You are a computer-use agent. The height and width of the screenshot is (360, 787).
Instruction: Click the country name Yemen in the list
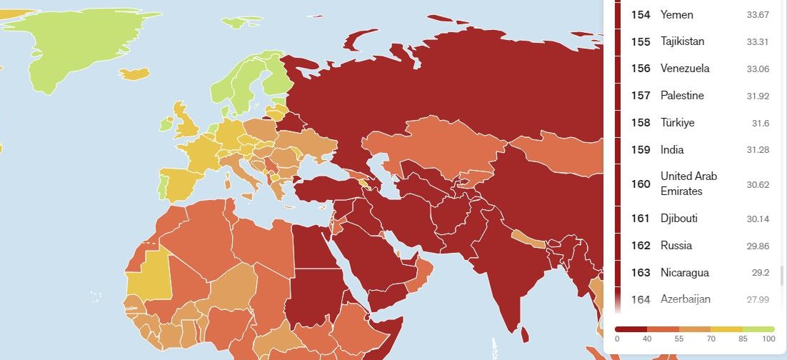pyautogui.click(x=676, y=14)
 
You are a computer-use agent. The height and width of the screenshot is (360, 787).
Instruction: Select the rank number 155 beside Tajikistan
pyautogui.click(x=641, y=41)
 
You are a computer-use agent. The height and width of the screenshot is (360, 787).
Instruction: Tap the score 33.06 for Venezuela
pyautogui.click(x=757, y=69)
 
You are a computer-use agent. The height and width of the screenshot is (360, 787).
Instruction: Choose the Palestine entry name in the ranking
pyautogui.click(x=682, y=96)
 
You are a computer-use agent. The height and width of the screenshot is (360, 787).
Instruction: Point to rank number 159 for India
pyautogui.click(x=641, y=150)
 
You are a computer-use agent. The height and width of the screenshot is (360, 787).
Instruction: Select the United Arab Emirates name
pyautogui.click(x=688, y=184)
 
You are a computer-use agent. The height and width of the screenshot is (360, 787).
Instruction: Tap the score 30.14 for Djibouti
pyautogui.click(x=757, y=219)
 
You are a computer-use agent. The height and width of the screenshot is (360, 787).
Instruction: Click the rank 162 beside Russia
pyautogui.click(x=641, y=246)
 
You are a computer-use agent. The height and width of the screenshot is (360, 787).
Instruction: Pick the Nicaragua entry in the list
pyautogui.click(x=684, y=273)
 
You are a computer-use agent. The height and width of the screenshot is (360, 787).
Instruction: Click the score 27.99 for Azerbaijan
pyautogui.click(x=757, y=300)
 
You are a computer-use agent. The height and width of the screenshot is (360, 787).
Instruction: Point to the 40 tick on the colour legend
pyautogui.click(x=646, y=339)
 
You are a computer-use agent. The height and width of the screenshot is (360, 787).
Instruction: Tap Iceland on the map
pyautogui.click(x=134, y=74)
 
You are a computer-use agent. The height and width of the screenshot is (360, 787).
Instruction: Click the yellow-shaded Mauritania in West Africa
pyautogui.click(x=147, y=275)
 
